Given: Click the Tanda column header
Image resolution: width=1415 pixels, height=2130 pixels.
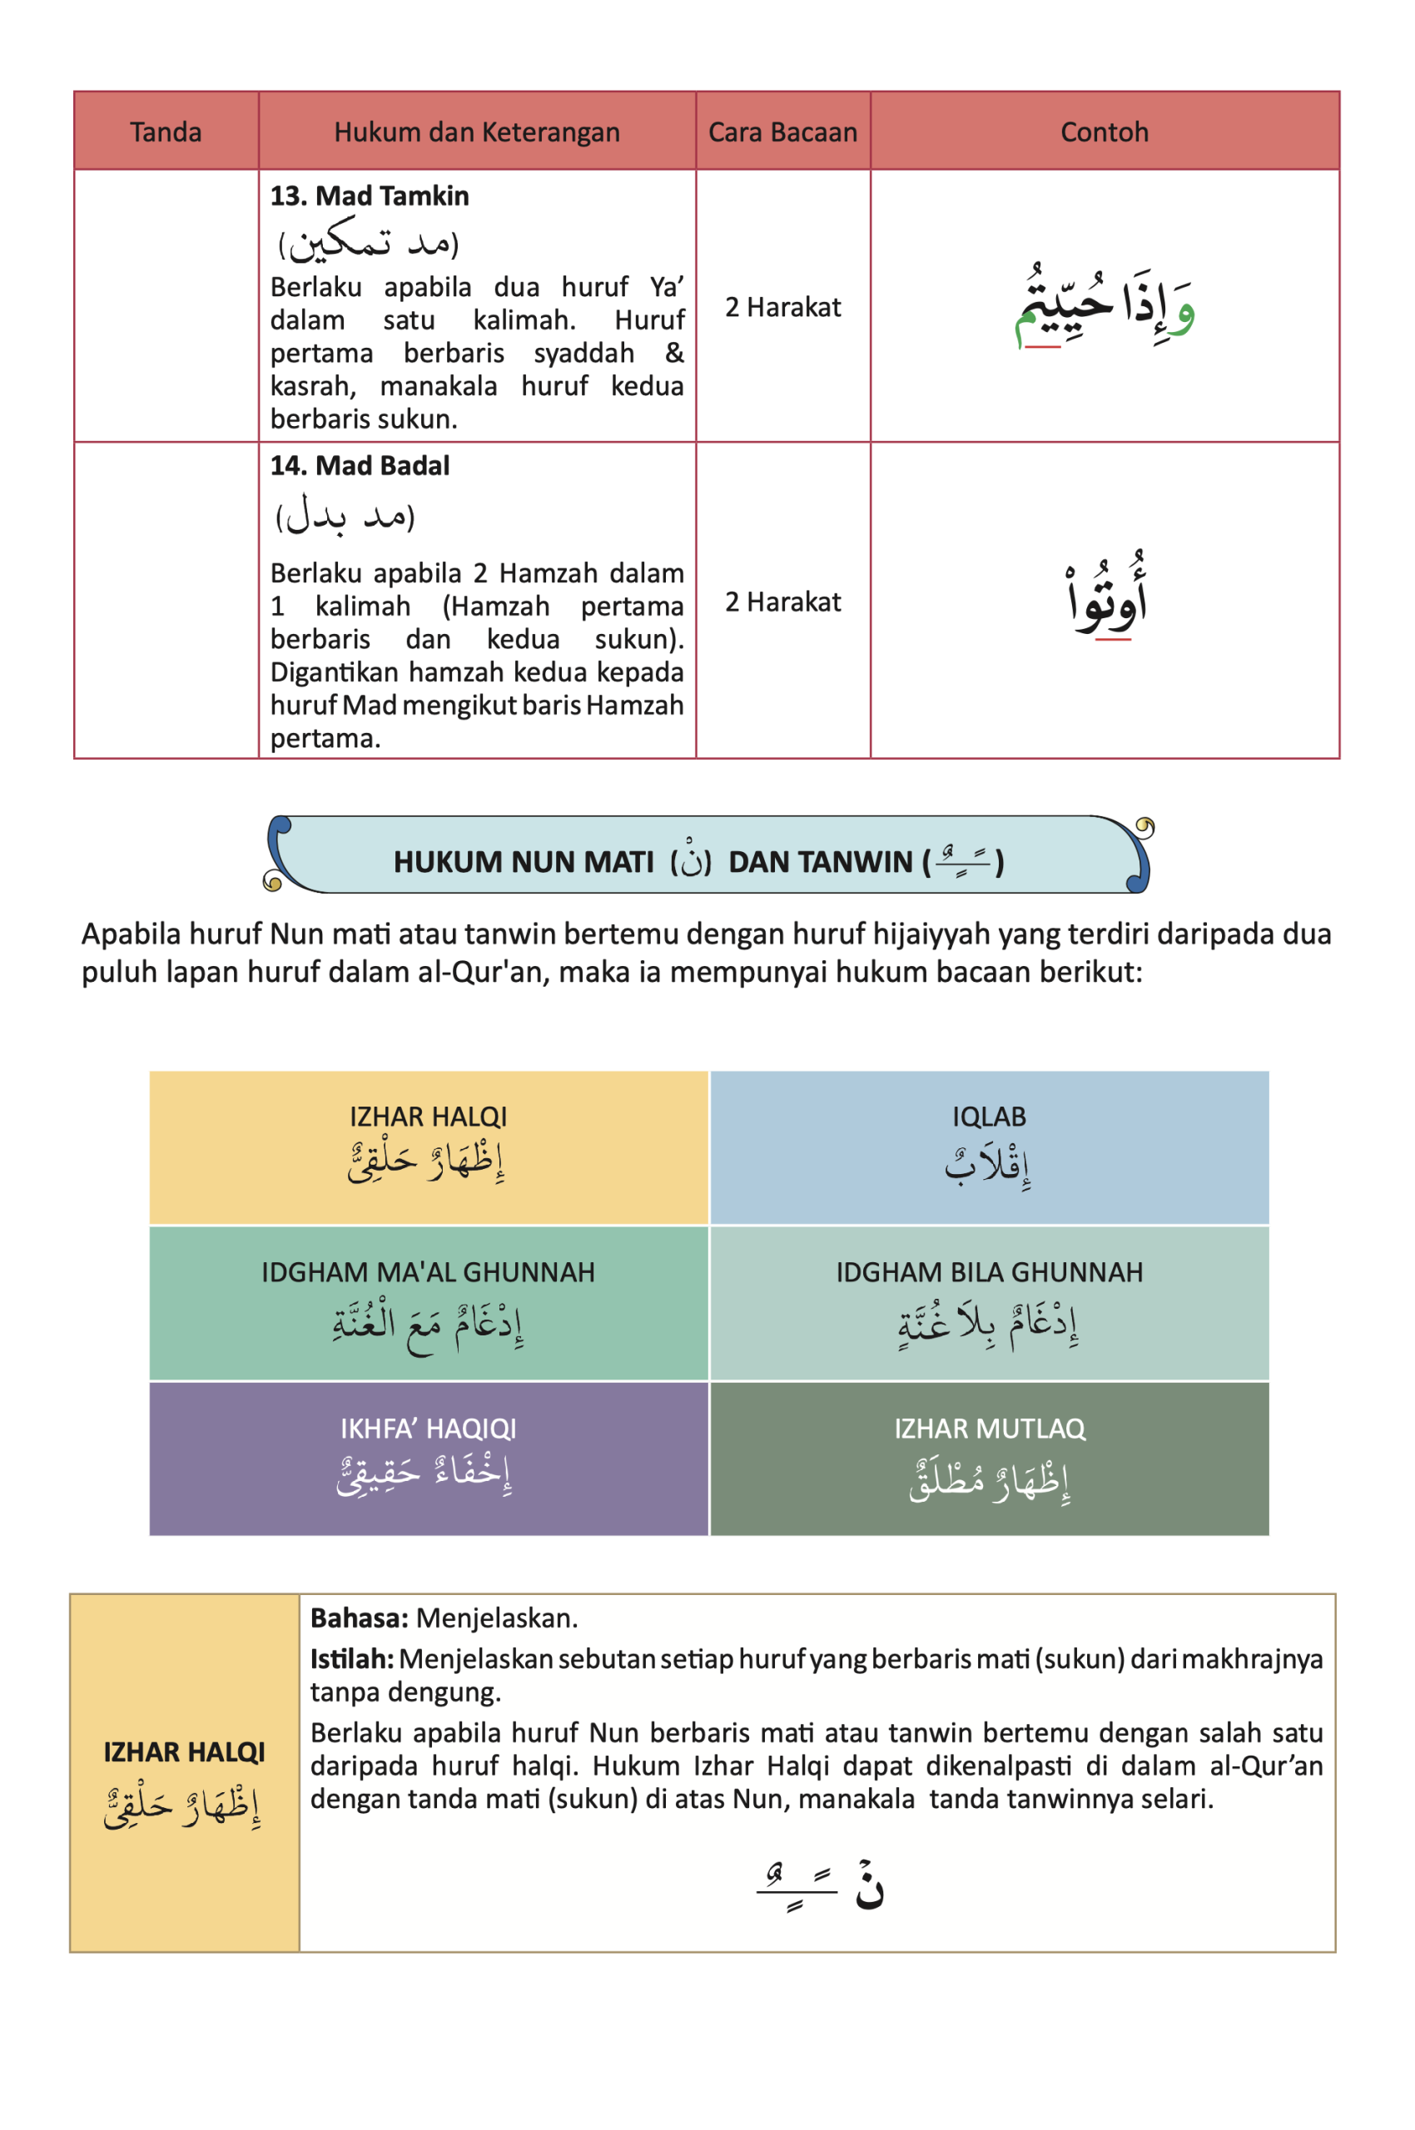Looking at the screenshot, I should (165, 132).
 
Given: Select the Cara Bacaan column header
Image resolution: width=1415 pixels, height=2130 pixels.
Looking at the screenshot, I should (782, 132).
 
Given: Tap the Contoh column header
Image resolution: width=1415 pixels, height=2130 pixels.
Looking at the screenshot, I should (1104, 132).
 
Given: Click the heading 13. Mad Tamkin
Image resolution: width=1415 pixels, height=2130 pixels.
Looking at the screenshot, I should (370, 196).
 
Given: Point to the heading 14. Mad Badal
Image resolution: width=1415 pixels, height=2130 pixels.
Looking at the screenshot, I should (360, 465).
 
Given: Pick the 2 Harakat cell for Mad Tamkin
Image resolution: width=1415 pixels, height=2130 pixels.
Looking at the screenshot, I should (782, 308).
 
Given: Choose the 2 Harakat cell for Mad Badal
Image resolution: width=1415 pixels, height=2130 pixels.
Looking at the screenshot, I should (782, 602).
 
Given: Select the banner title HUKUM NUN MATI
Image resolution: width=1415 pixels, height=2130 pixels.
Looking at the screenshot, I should (524, 861).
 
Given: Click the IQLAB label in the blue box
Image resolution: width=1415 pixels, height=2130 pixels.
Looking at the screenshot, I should (989, 1117).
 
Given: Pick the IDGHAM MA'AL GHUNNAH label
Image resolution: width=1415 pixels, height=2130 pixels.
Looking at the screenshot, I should (428, 1272).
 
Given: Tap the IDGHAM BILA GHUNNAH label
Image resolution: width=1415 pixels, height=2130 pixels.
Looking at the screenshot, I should (989, 1272).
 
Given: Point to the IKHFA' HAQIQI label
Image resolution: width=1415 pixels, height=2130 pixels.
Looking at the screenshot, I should (428, 1428).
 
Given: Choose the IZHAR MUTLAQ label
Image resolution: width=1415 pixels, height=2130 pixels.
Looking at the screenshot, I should (989, 1428).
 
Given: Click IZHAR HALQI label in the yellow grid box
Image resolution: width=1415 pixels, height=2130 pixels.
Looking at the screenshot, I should (428, 1117).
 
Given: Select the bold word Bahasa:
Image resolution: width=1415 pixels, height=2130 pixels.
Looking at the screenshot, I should (360, 1618).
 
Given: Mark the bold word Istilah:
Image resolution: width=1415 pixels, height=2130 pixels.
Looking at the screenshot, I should (352, 1659).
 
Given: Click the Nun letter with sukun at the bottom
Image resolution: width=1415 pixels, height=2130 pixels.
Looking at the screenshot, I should (869, 1886).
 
